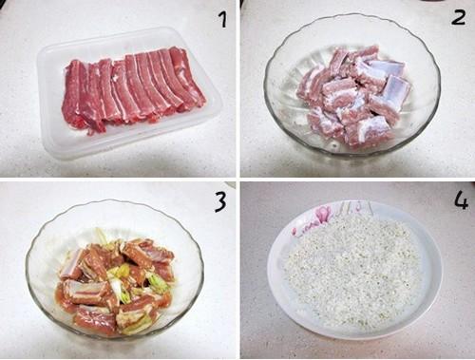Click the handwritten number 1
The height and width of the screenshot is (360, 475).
pos(223,18)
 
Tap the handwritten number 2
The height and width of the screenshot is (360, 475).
pos(459,17)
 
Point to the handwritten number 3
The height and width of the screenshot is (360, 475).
pos(220,202)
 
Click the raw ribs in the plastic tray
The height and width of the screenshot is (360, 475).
pos(133,88)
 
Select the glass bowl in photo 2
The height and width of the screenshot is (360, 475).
pos(351,85)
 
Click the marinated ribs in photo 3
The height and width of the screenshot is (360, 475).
pos(116,285)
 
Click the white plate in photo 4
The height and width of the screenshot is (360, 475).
pos(354,269)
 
